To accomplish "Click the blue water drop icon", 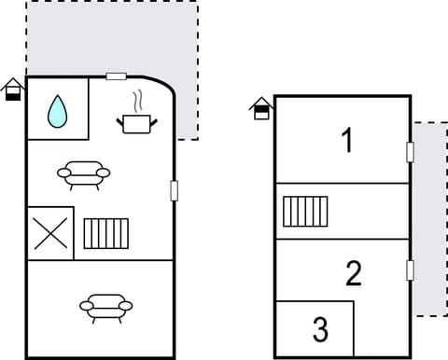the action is [x=58, y=110].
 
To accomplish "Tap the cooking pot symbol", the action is [x=136, y=122].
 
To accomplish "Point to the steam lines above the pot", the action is [x=138, y=100].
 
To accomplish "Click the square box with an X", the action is [x=49, y=232].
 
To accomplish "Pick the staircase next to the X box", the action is [x=105, y=232].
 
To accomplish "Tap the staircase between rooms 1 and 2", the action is [x=305, y=211].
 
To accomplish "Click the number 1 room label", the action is [x=347, y=142].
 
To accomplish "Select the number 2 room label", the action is [x=353, y=274].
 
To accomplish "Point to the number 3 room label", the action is [x=320, y=329].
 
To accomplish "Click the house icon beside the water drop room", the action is [x=12, y=90].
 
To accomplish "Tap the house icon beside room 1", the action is [x=262, y=108].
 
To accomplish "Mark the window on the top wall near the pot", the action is [x=117, y=76].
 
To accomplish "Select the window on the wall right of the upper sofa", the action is [x=174, y=190].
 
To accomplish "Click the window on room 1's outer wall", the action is [x=410, y=151].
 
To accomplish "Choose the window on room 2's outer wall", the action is [x=410, y=270].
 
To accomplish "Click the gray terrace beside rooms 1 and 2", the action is [x=429, y=219].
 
